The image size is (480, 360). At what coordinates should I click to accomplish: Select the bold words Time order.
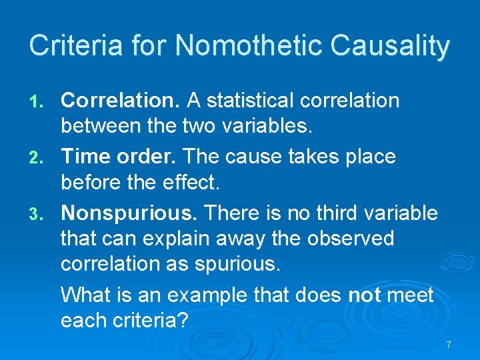pyautogui.click(x=119, y=157)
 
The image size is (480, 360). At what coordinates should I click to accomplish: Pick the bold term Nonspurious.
pyautogui.click(x=129, y=213)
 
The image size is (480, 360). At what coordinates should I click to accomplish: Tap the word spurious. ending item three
pyautogui.click(x=237, y=264)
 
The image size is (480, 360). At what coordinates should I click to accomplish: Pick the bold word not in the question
pyautogui.click(x=364, y=295)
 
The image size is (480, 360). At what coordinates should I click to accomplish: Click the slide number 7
pyautogui.click(x=449, y=345)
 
